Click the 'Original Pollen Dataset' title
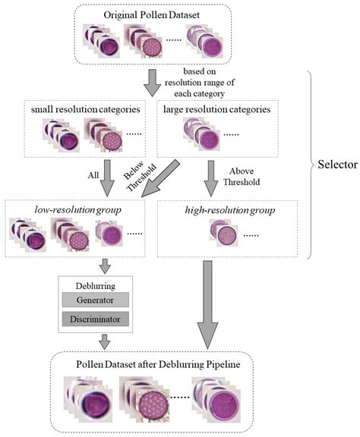point(152,14)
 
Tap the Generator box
point(95,300)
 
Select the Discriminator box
point(95,319)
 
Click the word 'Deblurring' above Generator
point(96,286)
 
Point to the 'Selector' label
point(337,165)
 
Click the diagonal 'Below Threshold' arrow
point(160,179)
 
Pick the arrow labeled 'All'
point(107,178)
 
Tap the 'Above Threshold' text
point(242,177)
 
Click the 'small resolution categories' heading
point(85,109)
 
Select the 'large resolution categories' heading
point(217,109)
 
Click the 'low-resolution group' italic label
point(78,210)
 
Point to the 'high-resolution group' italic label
point(230,210)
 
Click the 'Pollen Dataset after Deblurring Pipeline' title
point(158,364)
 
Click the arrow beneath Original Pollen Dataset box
point(152,83)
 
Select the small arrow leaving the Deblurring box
point(105,342)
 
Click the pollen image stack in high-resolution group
point(224,233)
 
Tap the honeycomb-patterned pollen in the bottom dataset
point(153,404)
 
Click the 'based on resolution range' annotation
point(199,83)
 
